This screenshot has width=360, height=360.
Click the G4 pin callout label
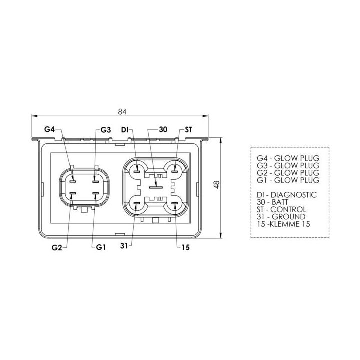[50, 129]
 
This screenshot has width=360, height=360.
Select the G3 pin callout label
[106, 130]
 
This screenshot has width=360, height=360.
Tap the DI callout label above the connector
[124, 130]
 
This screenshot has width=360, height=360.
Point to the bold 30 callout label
[163, 129]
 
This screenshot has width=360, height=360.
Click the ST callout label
[188, 130]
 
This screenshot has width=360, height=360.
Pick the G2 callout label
[57, 247]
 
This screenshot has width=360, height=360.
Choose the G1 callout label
[101, 247]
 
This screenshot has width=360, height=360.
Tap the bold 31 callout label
[124, 246]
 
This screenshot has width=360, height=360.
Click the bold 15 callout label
[185, 247]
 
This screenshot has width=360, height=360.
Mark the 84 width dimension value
[122, 112]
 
